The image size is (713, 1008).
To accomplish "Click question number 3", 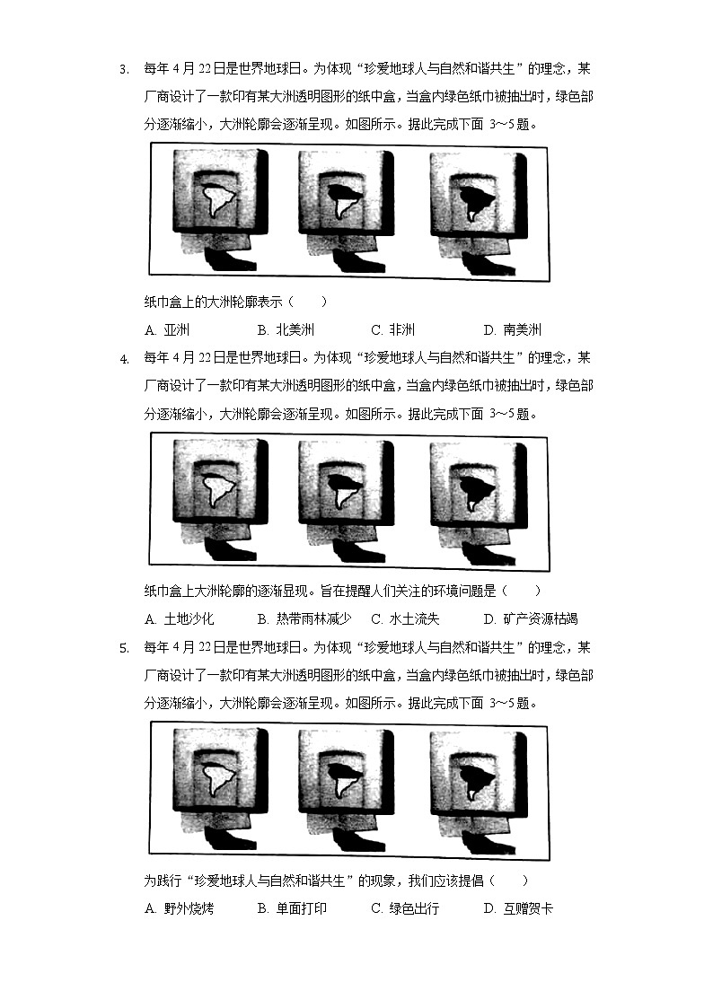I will click(124, 69).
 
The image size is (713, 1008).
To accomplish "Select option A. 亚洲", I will click(167, 329).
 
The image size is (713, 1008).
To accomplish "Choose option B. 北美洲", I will click(285, 329).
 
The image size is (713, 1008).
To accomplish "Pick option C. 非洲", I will click(393, 329).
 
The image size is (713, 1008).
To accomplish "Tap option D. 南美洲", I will click(512, 329).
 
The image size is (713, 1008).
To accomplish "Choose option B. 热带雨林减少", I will click(304, 618).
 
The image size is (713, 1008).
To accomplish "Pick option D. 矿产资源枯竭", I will click(530, 618).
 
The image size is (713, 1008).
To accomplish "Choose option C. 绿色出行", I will click(405, 908).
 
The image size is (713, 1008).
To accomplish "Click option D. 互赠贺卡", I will click(518, 908).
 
